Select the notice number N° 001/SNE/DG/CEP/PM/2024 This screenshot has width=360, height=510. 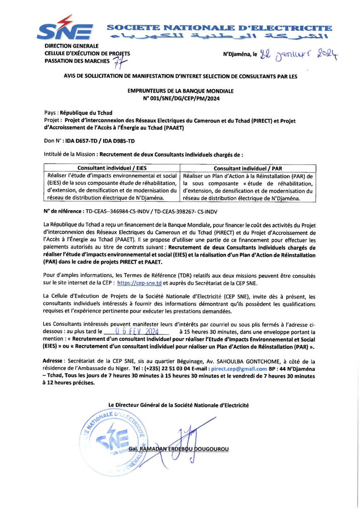180,99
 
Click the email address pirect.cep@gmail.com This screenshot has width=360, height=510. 239,368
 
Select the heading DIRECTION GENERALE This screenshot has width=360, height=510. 71,45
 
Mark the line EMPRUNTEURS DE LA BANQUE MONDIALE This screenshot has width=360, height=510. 180,91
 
